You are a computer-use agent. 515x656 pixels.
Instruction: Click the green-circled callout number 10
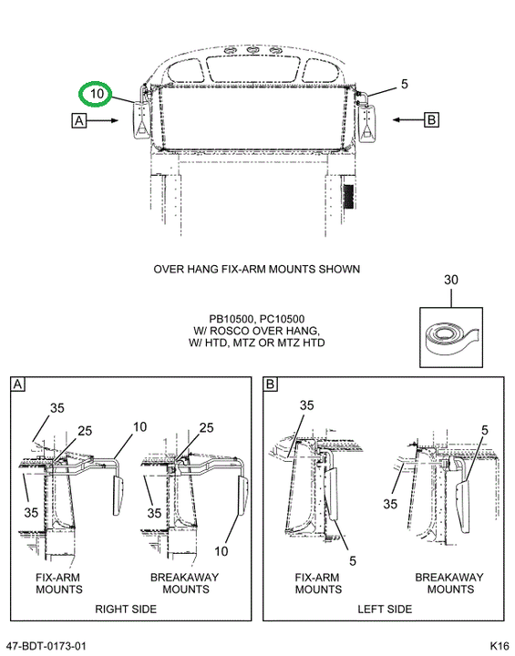(x=97, y=93)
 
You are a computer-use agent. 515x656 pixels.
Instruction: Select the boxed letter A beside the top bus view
(x=79, y=120)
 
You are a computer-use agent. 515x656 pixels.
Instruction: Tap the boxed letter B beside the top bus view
(x=432, y=120)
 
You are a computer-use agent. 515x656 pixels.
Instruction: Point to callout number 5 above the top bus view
(x=404, y=84)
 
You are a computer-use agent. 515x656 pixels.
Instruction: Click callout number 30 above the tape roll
(x=451, y=280)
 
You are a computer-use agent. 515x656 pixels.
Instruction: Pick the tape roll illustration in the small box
(x=451, y=338)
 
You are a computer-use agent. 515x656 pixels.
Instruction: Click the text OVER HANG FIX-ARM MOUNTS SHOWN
(x=257, y=269)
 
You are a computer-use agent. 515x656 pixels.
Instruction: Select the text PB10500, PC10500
(x=257, y=319)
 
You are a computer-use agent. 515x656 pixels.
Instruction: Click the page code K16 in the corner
(x=500, y=646)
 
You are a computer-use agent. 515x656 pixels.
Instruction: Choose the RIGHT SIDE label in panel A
(x=126, y=610)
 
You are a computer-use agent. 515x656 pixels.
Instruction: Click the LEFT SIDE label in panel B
(x=385, y=610)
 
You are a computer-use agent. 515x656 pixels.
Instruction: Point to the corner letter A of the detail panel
(x=17, y=384)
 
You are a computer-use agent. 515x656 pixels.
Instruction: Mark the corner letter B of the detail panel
(x=271, y=384)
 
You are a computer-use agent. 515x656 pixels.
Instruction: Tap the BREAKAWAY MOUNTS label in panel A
(x=185, y=583)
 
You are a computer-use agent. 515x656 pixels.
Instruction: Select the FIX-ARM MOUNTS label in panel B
(x=318, y=583)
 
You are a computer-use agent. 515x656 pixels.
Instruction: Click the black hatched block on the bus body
(x=348, y=196)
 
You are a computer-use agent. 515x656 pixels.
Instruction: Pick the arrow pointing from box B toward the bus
(x=408, y=120)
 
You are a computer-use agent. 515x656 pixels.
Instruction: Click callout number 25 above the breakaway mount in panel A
(x=206, y=427)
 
